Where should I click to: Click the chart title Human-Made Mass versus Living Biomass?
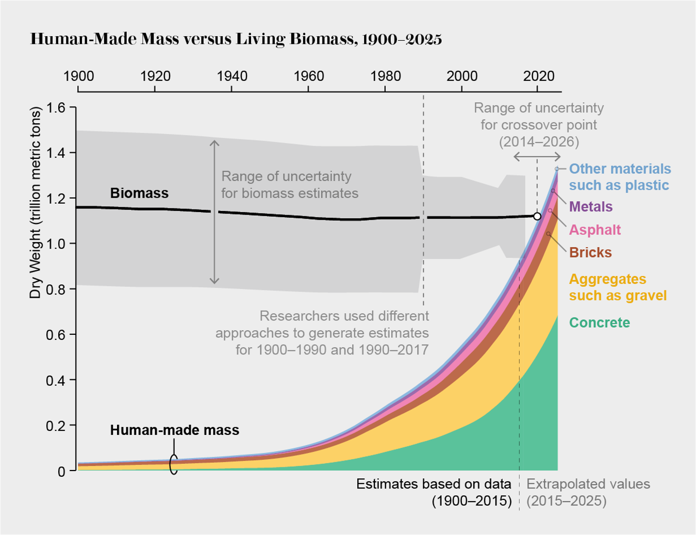(236, 40)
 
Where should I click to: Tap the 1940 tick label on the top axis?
(231, 76)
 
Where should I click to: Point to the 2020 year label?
(538, 76)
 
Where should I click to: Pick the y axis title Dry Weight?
(35, 203)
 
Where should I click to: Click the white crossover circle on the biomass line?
(537, 216)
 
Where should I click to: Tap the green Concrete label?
(599, 323)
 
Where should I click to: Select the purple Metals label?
(591, 207)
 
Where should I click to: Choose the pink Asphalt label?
(594, 230)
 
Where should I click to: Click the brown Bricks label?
(590, 253)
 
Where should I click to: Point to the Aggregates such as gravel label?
(617, 287)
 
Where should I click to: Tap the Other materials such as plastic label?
(619, 177)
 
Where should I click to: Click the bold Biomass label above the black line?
(139, 193)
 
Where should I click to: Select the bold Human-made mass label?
(174, 430)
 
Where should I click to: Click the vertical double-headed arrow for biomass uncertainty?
(214, 212)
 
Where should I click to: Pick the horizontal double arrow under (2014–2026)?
(537, 157)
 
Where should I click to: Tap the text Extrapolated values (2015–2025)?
(588, 492)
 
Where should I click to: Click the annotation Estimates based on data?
(434, 484)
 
